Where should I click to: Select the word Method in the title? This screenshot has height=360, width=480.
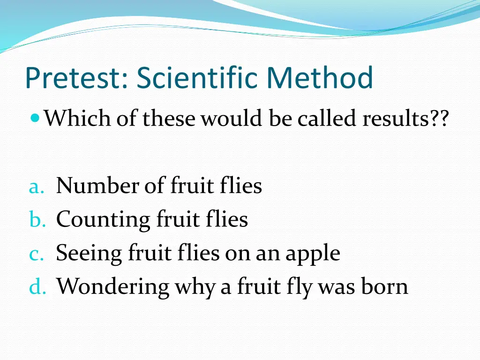(x=321, y=78)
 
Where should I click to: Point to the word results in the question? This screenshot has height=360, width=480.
(x=397, y=119)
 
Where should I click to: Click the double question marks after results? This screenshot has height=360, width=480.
(x=440, y=119)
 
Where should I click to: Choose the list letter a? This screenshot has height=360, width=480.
(x=36, y=187)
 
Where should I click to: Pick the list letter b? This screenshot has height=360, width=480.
(x=36, y=219)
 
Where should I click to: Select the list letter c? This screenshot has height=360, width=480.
(x=36, y=254)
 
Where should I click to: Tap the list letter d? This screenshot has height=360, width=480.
(x=37, y=286)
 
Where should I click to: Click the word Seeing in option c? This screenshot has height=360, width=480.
(x=89, y=254)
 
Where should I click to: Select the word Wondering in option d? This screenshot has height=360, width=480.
(x=112, y=286)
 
